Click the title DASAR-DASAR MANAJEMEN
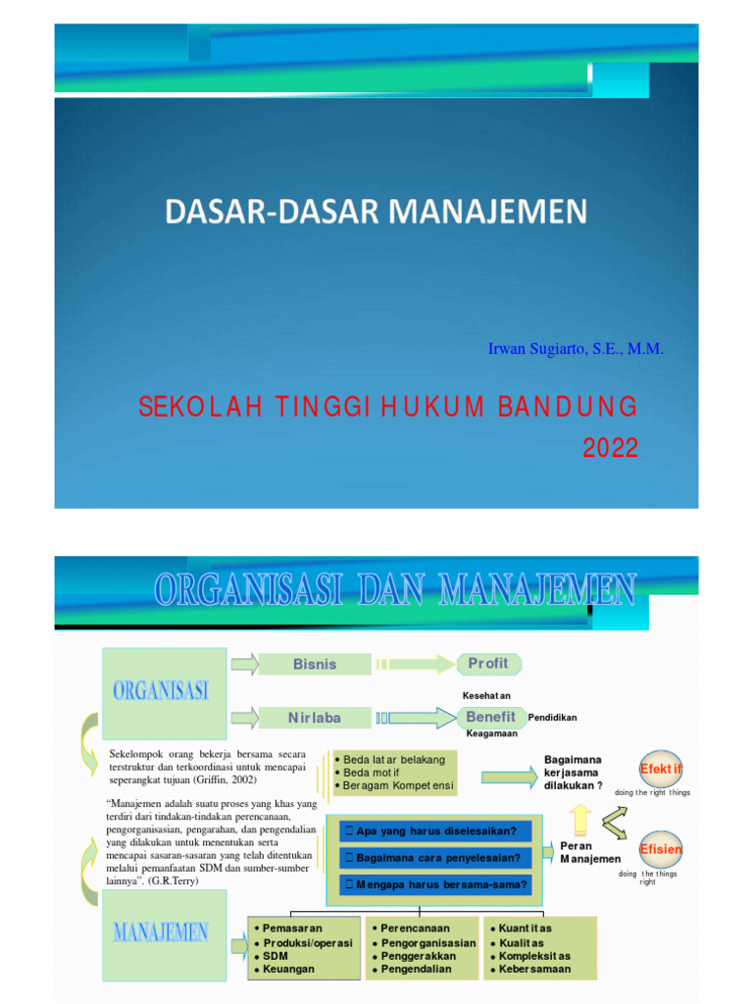[376, 211]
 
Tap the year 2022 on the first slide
[610, 448]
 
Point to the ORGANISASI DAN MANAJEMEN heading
[395, 591]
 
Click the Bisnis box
[314, 664]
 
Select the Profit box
[487, 664]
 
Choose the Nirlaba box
[314, 718]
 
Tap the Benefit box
[490, 718]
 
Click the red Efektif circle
[662, 769]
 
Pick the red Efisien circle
[661, 849]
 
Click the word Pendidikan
[552, 718]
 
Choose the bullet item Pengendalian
[417, 969]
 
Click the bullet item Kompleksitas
[534, 955]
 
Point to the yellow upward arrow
[580, 816]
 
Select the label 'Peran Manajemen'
[589, 852]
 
